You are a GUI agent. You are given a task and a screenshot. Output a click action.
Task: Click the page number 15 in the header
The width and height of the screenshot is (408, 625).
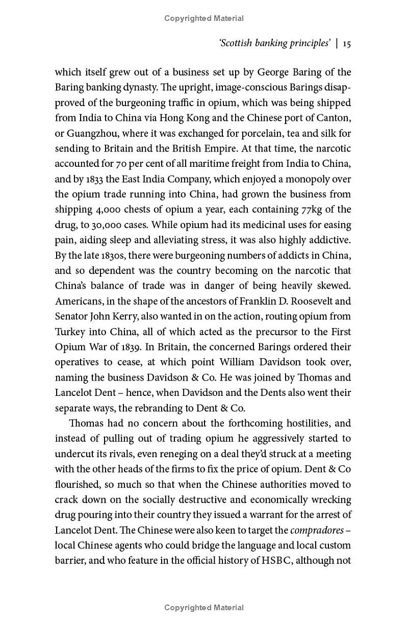click(x=346, y=43)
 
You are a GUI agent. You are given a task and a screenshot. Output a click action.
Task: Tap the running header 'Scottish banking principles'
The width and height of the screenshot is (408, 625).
click(x=275, y=43)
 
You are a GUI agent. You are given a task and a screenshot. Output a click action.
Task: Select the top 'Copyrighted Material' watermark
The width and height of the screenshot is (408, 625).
click(x=204, y=18)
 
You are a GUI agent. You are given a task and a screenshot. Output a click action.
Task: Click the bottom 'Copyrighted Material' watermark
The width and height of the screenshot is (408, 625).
click(x=204, y=608)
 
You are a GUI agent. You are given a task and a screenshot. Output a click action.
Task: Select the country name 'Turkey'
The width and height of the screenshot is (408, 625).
click(x=70, y=332)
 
